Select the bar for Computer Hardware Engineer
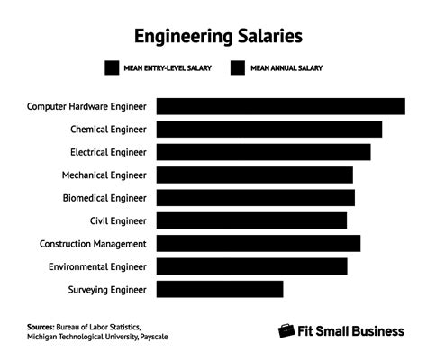point(280,106)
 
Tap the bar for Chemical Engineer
point(268,129)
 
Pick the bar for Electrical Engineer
point(263,152)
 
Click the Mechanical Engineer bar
point(254,175)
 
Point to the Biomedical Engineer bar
point(255,198)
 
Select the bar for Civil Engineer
point(251,220)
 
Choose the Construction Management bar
point(258,244)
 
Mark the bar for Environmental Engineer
point(251,266)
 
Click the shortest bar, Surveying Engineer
point(220,289)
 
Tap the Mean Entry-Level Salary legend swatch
point(113,68)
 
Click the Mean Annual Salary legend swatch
point(238,68)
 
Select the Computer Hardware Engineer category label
point(86,106)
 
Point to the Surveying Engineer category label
point(106,289)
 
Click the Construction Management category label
point(93,244)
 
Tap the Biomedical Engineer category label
point(104,198)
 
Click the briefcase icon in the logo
point(286,330)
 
